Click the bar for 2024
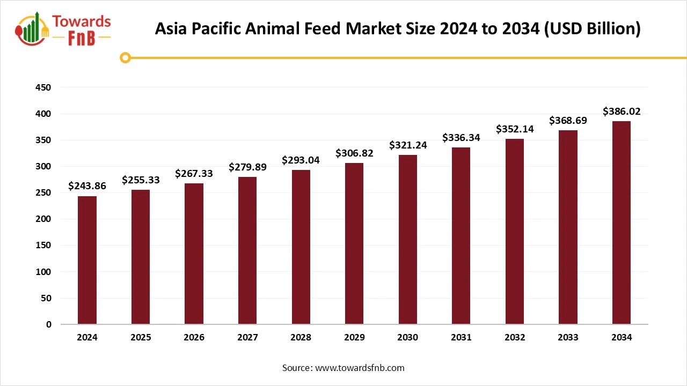87,260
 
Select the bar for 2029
354,243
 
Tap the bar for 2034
622,222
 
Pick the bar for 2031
461,236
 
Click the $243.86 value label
87,186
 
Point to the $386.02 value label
622,112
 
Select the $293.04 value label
301,160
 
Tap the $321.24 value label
408,145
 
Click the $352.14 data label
514,129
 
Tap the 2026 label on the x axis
194,338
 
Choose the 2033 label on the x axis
568,338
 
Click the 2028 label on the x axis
301,338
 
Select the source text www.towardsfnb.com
360,368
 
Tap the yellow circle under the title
126,57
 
